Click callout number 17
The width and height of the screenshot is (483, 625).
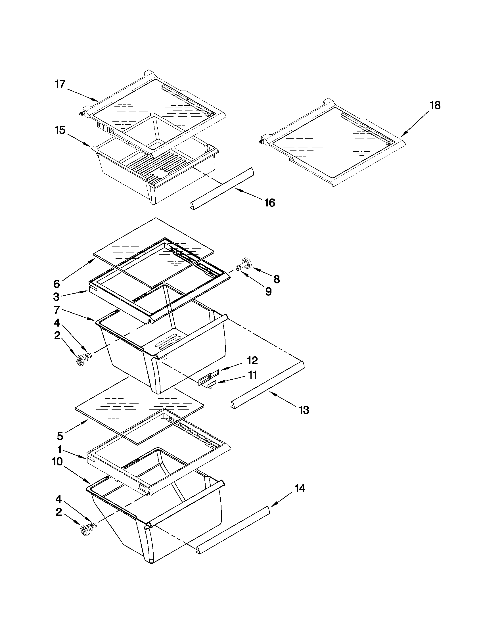click(x=60, y=85)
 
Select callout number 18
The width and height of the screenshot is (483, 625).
click(x=435, y=106)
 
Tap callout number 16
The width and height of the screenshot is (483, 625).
click(x=269, y=203)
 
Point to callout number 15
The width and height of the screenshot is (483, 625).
click(x=60, y=130)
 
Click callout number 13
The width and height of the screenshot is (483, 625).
click(x=303, y=410)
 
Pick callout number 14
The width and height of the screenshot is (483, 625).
click(x=300, y=488)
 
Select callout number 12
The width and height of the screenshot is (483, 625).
click(x=252, y=361)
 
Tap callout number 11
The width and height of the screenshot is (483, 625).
click(x=252, y=375)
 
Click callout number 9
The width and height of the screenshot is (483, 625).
click(x=268, y=292)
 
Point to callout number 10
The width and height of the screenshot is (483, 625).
click(x=58, y=462)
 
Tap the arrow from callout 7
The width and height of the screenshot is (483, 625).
click(x=80, y=315)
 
